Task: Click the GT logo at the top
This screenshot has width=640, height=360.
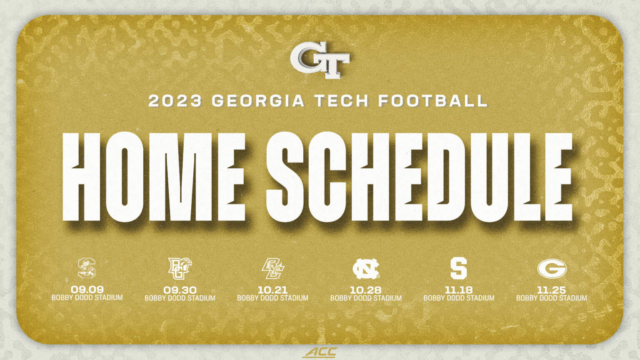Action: tap(320, 61)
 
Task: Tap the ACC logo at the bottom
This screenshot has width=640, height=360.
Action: tap(320, 352)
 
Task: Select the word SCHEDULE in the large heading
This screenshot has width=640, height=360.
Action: tap(419, 177)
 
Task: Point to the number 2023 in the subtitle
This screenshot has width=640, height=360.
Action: tap(175, 101)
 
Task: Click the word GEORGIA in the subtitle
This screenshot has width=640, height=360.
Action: tap(258, 101)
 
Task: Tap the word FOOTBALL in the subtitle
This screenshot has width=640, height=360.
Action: tap(433, 101)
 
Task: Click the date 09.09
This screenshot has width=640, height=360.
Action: tap(87, 289)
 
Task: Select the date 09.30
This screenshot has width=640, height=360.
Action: tap(180, 290)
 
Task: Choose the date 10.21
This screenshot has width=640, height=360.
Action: tap(272, 290)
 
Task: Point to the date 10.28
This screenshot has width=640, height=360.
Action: tap(366, 290)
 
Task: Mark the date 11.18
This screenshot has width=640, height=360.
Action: tap(459, 290)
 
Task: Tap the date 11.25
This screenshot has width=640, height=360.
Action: tap(551, 290)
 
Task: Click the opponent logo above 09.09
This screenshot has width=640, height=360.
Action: tap(87, 268)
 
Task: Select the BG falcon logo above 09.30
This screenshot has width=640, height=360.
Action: tap(180, 268)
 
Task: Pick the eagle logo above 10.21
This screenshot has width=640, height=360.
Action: tap(272, 269)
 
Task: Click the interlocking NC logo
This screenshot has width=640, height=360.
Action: tap(366, 269)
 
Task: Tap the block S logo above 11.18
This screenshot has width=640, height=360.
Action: tap(459, 268)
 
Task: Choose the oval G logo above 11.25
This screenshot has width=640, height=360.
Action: tap(552, 269)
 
